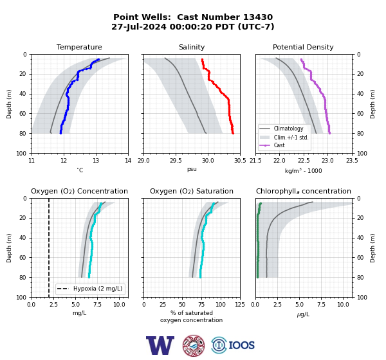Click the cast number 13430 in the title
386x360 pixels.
click(x=258, y=17)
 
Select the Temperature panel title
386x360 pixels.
click(x=79, y=47)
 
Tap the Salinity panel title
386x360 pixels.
click(x=192, y=47)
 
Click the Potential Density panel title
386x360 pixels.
click(x=303, y=47)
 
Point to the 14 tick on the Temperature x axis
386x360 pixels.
click(x=128, y=161)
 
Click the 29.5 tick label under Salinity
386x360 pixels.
click(x=176, y=161)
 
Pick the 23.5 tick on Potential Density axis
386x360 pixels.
click(x=352, y=161)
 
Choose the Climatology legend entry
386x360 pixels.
click(x=288, y=129)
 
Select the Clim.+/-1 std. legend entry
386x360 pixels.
click(x=291, y=138)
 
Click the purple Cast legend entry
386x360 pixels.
click(x=279, y=145)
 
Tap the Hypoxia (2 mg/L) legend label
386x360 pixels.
click(x=98, y=289)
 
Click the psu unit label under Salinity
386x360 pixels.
click(x=192, y=169)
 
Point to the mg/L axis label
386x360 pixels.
click(x=79, y=313)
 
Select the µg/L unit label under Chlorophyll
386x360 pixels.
click(x=303, y=314)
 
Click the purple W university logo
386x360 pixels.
click(x=160, y=345)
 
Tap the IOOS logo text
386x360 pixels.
click(x=241, y=345)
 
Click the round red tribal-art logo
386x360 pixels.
click(x=194, y=345)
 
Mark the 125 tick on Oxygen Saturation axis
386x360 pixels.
click(x=240, y=305)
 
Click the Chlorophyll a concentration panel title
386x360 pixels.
click(x=303, y=191)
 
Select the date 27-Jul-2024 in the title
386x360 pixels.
click(x=139, y=26)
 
